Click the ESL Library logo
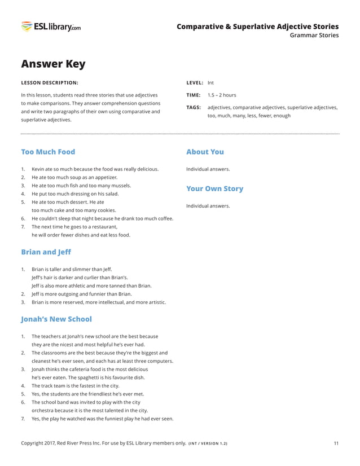(x=51, y=27)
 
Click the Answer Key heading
(x=53, y=64)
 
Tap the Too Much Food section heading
(x=48, y=152)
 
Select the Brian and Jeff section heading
(x=46, y=252)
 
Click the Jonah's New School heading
(x=56, y=319)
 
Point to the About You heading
(x=205, y=152)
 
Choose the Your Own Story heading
(x=214, y=188)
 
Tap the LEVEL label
(x=195, y=83)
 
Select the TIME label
(x=194, y=95)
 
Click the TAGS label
(x=194, y=107)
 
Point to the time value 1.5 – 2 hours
(x=222, y=95)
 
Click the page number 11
(x=336, y=443)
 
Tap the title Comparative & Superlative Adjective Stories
(x=257, y=27)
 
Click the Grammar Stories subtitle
(x=314, y=36)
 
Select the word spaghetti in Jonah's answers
(x=86, y=377)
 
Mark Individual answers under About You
(x=208, y=169)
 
